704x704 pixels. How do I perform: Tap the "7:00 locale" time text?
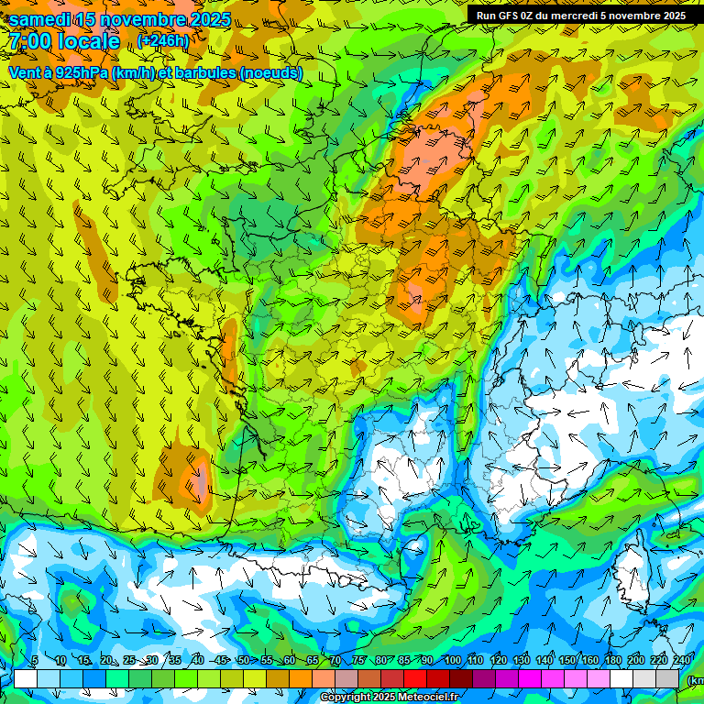64,41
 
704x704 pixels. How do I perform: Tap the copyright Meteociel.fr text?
390,697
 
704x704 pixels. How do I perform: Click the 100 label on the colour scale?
452,661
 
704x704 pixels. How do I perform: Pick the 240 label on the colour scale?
681,661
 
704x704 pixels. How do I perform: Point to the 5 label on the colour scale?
34,661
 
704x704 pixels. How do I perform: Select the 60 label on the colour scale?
289,661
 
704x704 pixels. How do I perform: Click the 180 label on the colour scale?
612,661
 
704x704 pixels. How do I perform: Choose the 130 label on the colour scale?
521,661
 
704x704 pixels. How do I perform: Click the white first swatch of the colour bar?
26,678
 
